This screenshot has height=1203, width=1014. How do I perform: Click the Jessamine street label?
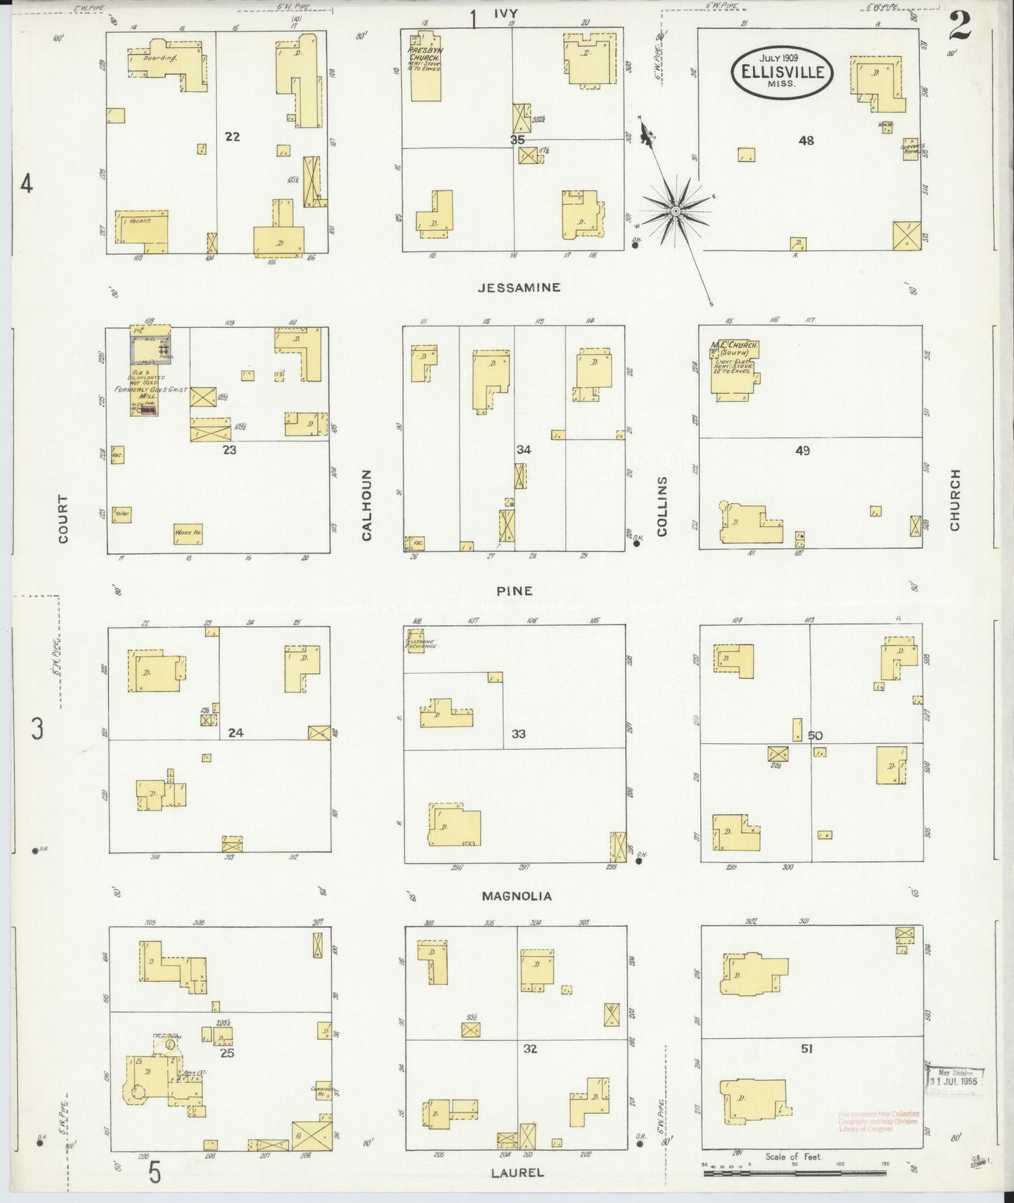[519, 287]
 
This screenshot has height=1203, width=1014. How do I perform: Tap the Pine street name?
[514, 591]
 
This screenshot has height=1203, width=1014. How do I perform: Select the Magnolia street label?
[516, 896]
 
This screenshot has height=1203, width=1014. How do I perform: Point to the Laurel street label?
[517, 1172]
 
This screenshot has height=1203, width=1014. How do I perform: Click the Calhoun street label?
[366, 505]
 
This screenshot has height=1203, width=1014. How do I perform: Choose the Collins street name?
[662, 506]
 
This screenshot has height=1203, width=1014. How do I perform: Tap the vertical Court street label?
[64, 519]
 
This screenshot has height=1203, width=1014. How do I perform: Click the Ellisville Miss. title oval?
[782, 72]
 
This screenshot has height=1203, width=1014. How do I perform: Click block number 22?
[232, 137]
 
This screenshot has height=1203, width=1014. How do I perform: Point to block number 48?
[806, 140]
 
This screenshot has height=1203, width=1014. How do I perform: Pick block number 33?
[519, 734]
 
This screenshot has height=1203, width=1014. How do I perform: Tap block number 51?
[807, 1049]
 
